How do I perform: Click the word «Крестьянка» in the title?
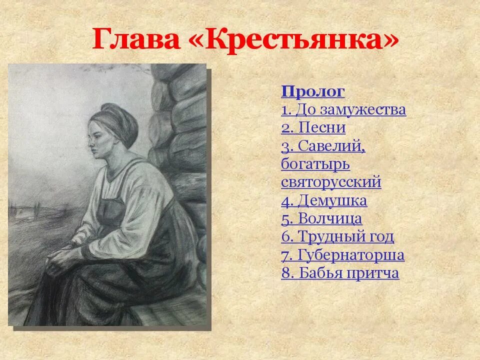tap(294, 40)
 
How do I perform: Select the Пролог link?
tap(313, 91)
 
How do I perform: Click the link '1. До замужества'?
tap(343, 109)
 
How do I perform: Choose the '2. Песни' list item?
tap(313, 127)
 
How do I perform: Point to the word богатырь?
tap(315, 164)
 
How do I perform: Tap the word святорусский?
tap(331, 182)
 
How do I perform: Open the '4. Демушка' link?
tap(324, 200)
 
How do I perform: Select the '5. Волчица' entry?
tap(321, 218)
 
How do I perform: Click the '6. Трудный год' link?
tap(337, 236)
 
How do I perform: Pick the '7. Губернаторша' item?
tap(342, 255)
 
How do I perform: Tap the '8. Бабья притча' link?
tap(340, 273)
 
